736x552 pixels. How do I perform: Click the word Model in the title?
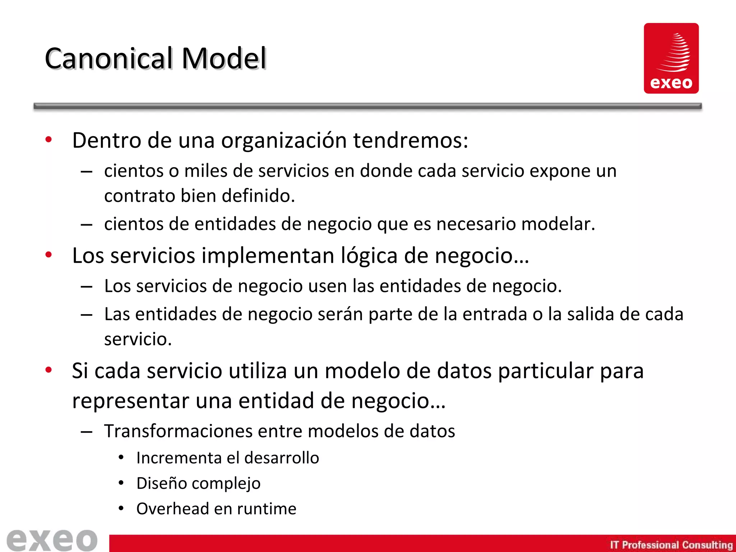coord(224,58)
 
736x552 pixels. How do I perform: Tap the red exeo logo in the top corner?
coord(671,58)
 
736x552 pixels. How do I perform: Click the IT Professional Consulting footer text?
coord(671,545)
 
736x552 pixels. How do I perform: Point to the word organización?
coord(284,141)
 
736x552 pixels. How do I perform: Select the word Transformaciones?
coord(178,431)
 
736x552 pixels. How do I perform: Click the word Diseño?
coord(161,483)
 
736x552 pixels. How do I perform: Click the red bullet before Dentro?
coord(49,139)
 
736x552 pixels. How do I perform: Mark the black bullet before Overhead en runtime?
coord(121,508)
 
